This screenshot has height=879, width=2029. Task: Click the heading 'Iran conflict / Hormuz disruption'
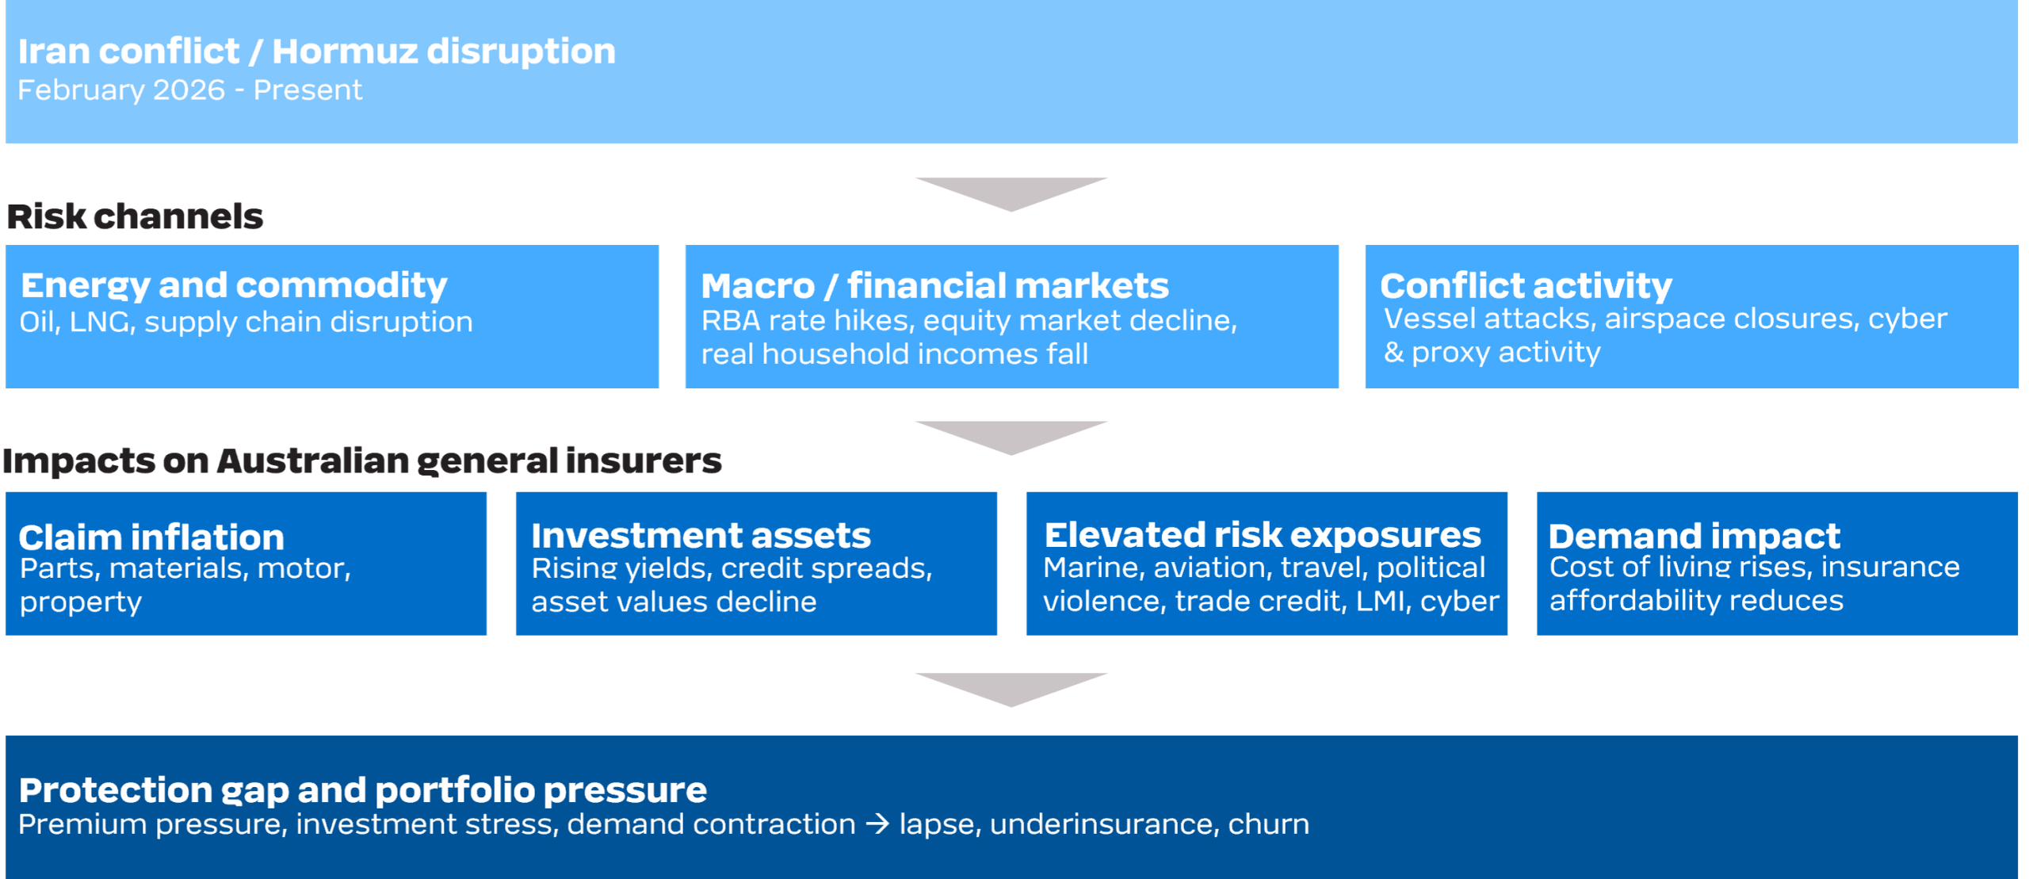[x=316, y=52]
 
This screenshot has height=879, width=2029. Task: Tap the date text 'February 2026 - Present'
[x=189, y=90]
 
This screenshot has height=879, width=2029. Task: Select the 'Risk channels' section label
[x=135, y=216]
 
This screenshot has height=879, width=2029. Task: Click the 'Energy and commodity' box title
[x=234, y=286]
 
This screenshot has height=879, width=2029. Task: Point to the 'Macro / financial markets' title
[x=934, y=285]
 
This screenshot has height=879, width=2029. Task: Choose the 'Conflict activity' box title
[x=1526, y=286]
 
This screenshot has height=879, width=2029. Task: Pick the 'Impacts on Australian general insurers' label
[x=362, y=461]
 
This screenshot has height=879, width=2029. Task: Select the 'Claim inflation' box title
[x=151, y=537]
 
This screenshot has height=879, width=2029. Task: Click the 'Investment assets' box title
[x=701, y=536]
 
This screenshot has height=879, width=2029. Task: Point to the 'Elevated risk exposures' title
[x=1263, y=535]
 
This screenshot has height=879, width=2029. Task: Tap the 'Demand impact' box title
[x=1694, y=537]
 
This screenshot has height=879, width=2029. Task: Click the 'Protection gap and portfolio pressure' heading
[x=362, y=790]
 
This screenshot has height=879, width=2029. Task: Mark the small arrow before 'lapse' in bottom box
[x=877, y=824]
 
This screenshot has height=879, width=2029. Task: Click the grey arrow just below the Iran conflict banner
[x=1011, y=193]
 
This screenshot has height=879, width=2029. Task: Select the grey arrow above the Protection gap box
[x=1011, y=689]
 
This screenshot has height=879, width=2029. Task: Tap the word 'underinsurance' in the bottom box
[x=1102, y=824]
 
